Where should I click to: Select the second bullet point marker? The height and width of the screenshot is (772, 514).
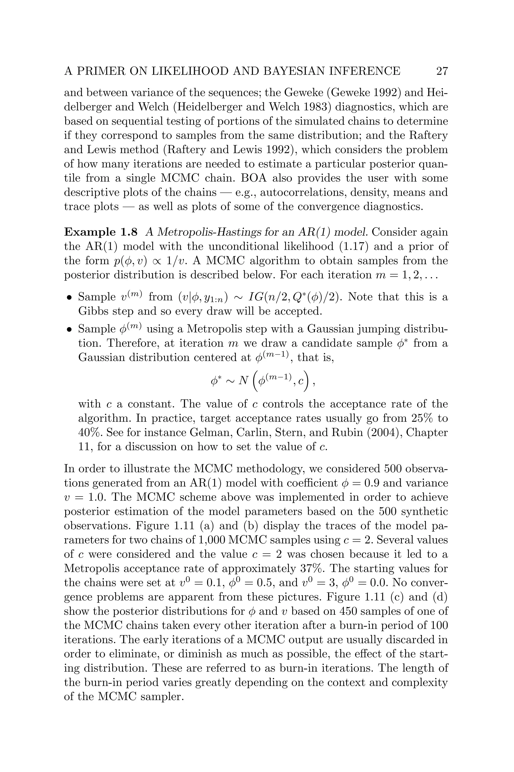[69, 329]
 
